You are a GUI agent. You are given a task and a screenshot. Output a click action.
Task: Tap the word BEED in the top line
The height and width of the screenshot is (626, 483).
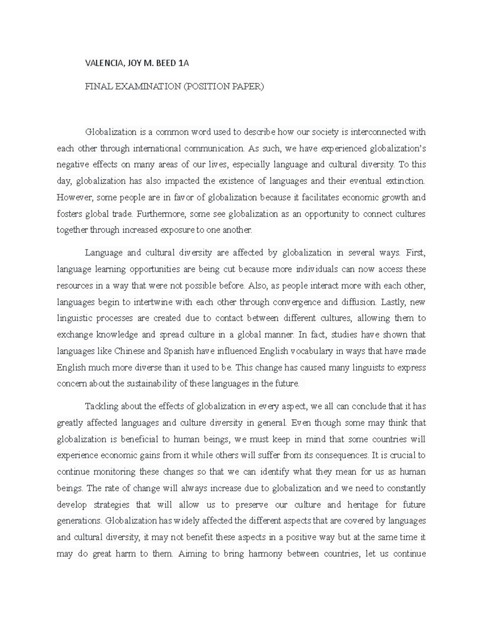(x=166, y=63)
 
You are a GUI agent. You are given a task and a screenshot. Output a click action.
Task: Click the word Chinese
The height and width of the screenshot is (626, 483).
(x=129, y=351)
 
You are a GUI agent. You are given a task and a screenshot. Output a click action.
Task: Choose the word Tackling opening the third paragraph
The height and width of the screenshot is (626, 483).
(x=102, y=406)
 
